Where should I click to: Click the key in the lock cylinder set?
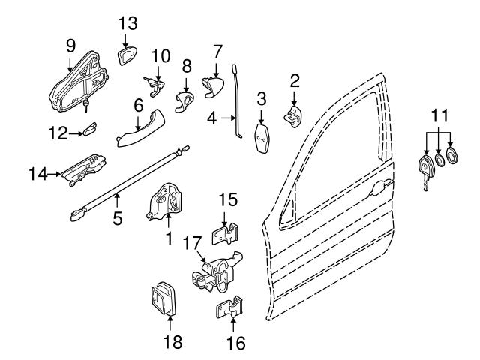tap(425, 170)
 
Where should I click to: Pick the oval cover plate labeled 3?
tap(262, 138)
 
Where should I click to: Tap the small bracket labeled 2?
tap(293, 114)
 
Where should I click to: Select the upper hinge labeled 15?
tap(226, 233)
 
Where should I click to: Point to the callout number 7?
tap(217, 52)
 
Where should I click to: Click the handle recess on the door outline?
tap(380, 185)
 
